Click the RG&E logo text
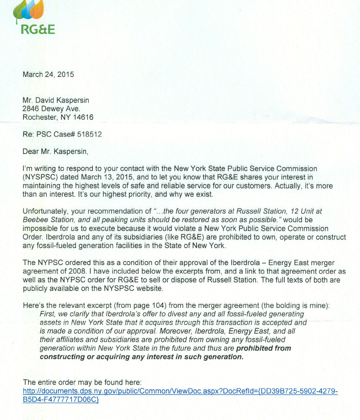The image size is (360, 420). coord(38,29)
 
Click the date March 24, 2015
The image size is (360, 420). coord(48,74)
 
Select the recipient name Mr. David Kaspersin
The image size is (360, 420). coord(56,100)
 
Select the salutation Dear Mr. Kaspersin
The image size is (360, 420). coord(55,151)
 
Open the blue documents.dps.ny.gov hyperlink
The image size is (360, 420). coord(180,391)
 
